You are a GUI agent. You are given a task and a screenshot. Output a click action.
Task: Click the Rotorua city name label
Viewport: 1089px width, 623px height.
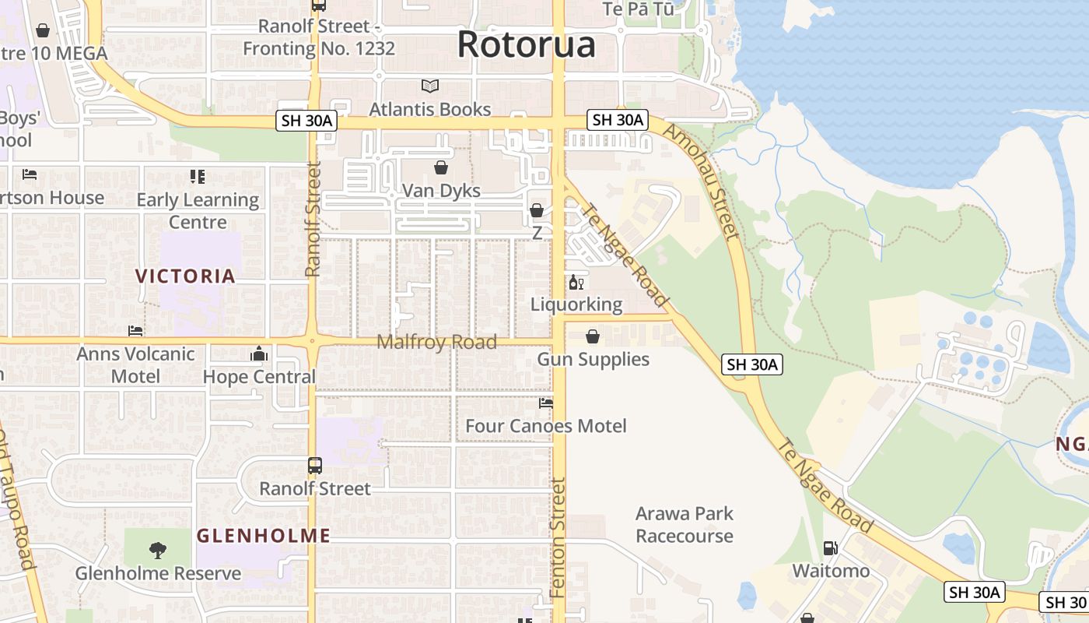tap(526, 44)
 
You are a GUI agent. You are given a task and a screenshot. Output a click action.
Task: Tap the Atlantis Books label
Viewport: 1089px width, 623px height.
tap(429, 109)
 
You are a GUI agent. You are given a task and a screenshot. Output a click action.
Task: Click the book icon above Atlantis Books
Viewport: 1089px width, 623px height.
tap(430, 86)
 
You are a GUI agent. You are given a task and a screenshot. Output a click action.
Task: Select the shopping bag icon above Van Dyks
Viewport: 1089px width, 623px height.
tap(441, 167)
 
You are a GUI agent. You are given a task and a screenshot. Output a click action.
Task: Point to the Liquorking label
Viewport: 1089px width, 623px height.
tap(576, 304)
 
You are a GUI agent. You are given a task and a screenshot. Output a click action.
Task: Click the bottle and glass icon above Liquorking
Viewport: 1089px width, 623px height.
tap(576, 282)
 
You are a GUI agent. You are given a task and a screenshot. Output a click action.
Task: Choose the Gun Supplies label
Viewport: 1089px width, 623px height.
tap(593, 359)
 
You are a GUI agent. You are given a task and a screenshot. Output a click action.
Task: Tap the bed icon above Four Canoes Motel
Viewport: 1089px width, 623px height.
tap(546, 403)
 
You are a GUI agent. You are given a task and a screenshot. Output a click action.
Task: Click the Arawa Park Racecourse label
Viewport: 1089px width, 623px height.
tap(685, 525)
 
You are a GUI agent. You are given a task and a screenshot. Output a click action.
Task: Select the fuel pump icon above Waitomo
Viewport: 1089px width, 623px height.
tap(831, 548)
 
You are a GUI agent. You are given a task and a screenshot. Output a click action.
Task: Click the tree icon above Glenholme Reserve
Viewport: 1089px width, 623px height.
tap(158, 551)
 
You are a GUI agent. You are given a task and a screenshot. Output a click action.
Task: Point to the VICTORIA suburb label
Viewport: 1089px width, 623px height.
tap(185, 276)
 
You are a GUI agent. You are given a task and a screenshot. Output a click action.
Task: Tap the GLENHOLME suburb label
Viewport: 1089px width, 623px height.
tap(264, 536)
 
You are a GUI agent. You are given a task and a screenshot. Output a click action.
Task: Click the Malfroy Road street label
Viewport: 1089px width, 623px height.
tap(436, 343)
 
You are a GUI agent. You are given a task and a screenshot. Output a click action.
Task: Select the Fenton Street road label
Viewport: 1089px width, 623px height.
tap(557, 537)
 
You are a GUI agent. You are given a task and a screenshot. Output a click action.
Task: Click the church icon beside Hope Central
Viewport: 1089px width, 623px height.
tap(259, 354)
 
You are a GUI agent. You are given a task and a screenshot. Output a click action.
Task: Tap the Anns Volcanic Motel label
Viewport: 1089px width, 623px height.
tap(135, 364)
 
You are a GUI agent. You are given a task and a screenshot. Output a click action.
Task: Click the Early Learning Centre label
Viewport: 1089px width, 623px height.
tap(198, 210)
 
